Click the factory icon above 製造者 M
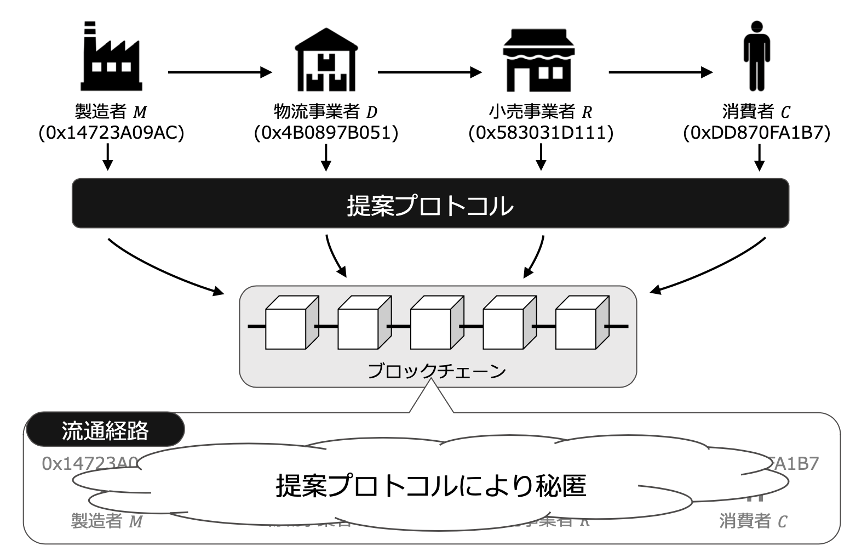pos(112,57)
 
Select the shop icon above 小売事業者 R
pos(539,60)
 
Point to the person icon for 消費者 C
pos(757,56)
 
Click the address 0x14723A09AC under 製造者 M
pos(111,133)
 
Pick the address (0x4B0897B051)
pos(326,133)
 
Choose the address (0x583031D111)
pos(541,133)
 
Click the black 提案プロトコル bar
pos(430,203)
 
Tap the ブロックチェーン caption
pos(437,372)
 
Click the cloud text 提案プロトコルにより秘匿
pos(430,486)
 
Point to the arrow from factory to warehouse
pos(220,72)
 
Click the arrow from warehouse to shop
pos(430,72)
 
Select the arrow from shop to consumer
pos(661,72)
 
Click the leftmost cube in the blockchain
pos(285,326)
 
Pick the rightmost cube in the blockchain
pos(576,326)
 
